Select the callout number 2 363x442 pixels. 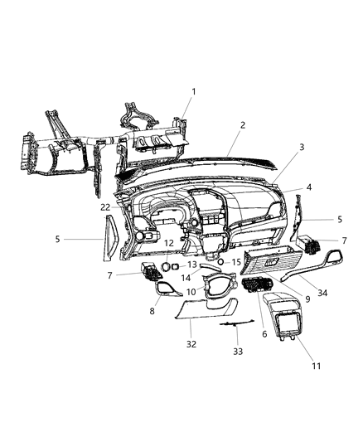[242, 125]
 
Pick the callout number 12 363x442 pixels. [168, 243]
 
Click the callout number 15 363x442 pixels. [236, 262]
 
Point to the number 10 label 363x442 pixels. [191, 292]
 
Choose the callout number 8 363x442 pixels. [151, 311]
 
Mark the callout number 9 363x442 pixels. [284, 299]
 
